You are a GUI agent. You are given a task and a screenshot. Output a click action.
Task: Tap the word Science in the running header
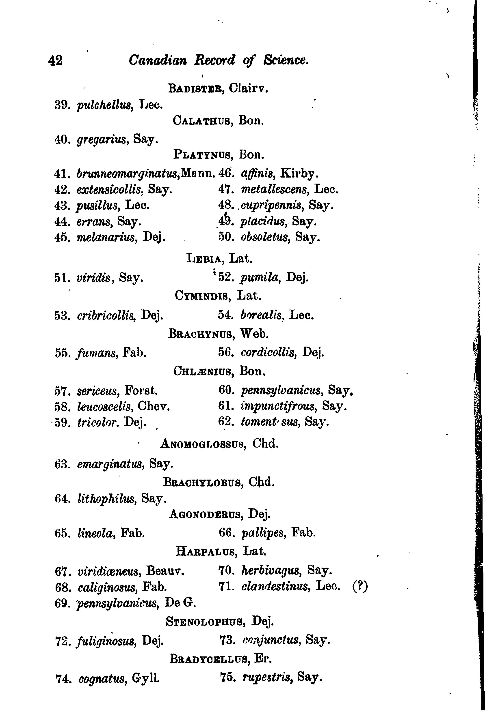pyautogui.click(x=286, y=60)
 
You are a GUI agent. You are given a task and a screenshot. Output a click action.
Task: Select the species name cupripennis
pyautogui.click(x=271, y=206)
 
